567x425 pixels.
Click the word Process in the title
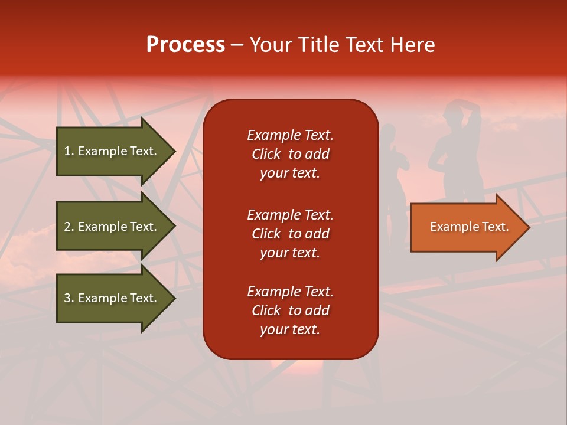(x=185, y=44)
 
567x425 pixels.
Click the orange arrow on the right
(x=467, y=227)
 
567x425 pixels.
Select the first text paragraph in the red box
(x=290, y=154)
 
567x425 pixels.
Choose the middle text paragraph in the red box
(x=290, y=234)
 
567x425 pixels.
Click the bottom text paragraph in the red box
(x=290, y=310)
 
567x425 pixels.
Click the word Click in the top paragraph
(x=266, y=155)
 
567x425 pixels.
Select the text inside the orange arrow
(x=469, y=227)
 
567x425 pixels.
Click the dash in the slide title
(x=237, y=45)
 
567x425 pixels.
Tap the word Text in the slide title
(x=366, y=45)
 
